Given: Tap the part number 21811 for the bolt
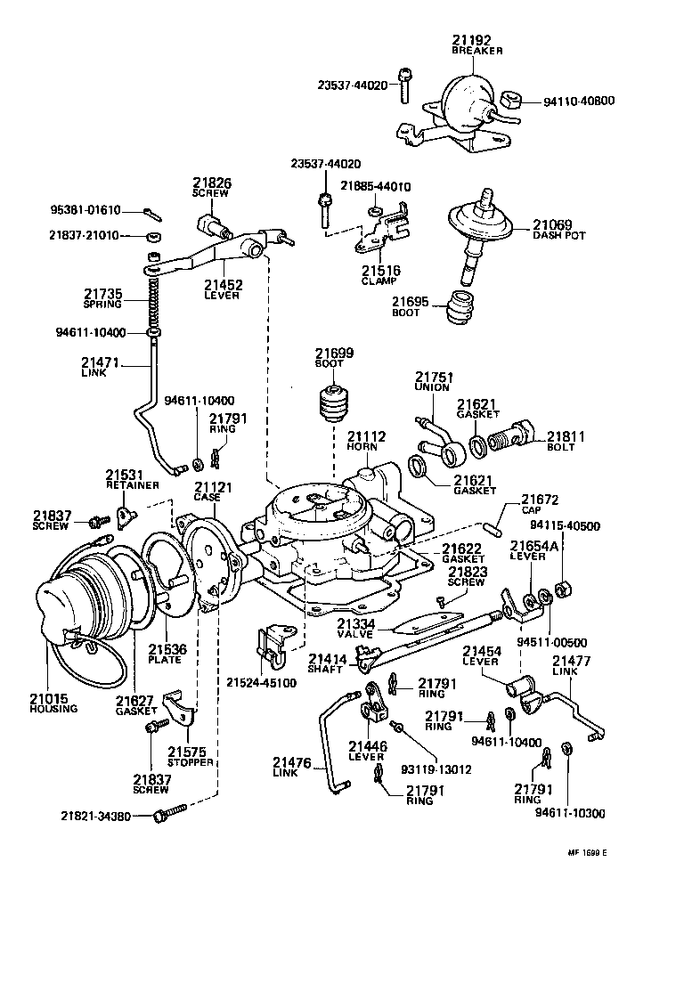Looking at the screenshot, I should click(566, 435).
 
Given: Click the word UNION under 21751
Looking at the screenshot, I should click(432, 387).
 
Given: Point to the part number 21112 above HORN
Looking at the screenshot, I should click(366, 435).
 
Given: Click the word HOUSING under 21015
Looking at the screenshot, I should click(53, 709).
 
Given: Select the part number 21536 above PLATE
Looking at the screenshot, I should click(167, 649).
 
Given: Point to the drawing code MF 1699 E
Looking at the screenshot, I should click(586, 852).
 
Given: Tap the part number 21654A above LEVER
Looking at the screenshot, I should click(533, 544).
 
